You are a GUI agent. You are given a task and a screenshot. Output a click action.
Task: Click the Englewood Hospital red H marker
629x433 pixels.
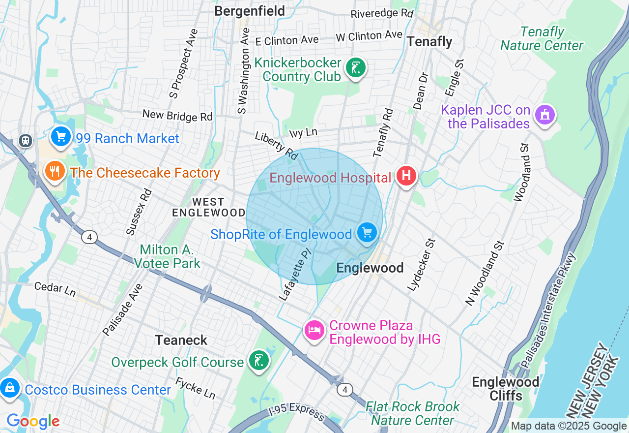point(406,176)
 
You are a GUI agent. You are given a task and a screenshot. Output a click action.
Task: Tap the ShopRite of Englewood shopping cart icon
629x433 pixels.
point(367,232)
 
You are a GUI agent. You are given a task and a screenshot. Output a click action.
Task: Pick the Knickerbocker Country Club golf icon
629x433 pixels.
point(355,68)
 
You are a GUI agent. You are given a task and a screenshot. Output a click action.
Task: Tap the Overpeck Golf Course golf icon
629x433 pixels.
point(258,361)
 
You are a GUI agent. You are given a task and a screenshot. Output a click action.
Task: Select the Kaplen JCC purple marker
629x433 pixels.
point(544,115)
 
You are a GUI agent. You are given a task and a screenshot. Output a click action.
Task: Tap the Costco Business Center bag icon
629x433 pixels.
point(10,389)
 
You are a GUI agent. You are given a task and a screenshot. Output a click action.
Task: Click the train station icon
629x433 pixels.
point(26,141)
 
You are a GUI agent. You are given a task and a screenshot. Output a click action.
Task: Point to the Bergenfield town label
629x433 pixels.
point(250,11)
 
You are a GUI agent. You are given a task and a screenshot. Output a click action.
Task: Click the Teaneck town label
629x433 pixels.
point(181,340)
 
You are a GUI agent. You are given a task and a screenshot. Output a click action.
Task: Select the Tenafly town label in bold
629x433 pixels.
point(429,42)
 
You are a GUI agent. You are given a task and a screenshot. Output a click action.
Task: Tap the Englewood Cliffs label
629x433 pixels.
point(506,388)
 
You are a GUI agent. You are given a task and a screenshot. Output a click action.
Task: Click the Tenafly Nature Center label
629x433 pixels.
point(542,39)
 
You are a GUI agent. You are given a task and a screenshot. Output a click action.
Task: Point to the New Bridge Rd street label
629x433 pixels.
point(177,115)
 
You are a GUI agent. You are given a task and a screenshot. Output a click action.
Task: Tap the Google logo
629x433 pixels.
point(33,421)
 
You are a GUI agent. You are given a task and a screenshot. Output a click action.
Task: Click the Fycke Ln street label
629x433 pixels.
point(195,388)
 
